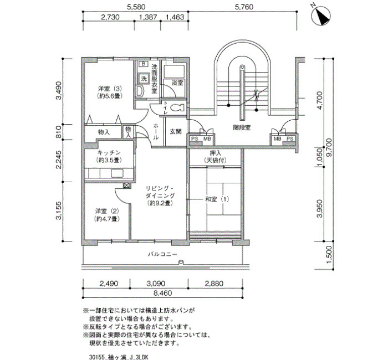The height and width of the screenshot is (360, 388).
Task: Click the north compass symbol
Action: pos(321,16)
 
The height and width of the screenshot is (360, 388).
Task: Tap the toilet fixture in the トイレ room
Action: pos(178,107)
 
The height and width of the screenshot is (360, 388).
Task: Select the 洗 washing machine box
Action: pos(143,79)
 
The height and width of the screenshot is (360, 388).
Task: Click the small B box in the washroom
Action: pos(143,64)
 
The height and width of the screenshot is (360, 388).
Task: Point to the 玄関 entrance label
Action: pos(176,132)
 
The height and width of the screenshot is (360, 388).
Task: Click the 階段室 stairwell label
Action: pos(242,127)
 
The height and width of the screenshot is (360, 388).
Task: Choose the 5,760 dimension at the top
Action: pos(244,7)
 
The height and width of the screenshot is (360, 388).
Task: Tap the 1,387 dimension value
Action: pos(148,17)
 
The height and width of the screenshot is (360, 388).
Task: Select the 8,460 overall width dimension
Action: pos(162,293)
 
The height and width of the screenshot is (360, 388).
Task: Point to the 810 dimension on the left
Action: pos(59,132)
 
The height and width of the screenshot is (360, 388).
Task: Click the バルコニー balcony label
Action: pos(162,254)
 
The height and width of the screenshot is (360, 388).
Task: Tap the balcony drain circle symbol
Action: pos(181,262)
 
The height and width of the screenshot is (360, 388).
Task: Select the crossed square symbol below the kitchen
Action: pos(126,185)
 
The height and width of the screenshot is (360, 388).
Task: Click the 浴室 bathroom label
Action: pos(177,83)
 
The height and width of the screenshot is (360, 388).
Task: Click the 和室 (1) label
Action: pos(217,199)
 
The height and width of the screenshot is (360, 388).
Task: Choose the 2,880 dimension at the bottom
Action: pos(213,284)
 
